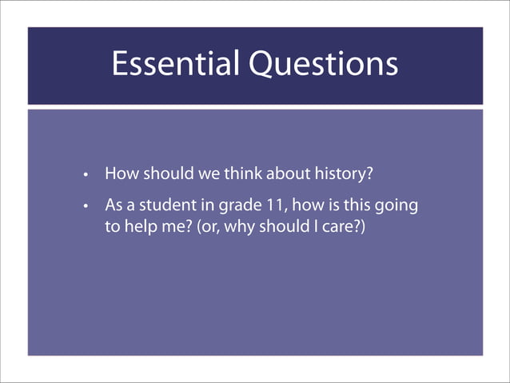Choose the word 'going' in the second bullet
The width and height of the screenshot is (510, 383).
click(x=397, y=206)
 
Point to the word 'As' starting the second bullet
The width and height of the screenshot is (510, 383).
click(x=114, y=205)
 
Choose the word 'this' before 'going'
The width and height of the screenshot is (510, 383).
click(x=358, y=205)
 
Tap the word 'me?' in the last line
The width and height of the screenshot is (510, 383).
click(x=175, y=227)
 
